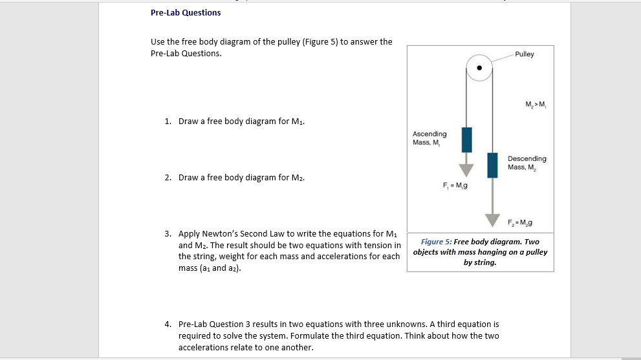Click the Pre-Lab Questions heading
pyautogui.click(x=186, y=13)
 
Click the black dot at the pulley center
pyautogui.click(x=479, y=68)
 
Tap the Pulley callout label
pyautogui.click(x=525, y=54)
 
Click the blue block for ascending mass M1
pyautogui.click(x=466, y=140)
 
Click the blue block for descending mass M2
pyautogui.click(x=493, y=165)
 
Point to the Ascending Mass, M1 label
pyautogui.click(x=429, y=138)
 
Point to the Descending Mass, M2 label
pyautogui.click(x=527, y=163)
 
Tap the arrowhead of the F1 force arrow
pyautogui.click(x=466, y=169)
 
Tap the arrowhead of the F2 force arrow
pyautogui.click(x=493, y=221)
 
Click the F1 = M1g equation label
pyautogui.click(x=455, y=186)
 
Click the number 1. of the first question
pyautogui.click(x=168, y=121)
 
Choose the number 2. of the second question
pyautogui.click(x=168, y=177)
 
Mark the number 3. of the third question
pyautogui.click(x=168, y=233)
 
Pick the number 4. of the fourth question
pyautogui.click(x=168, y=323)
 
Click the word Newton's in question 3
pyautogui.click(x=224, y=233)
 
